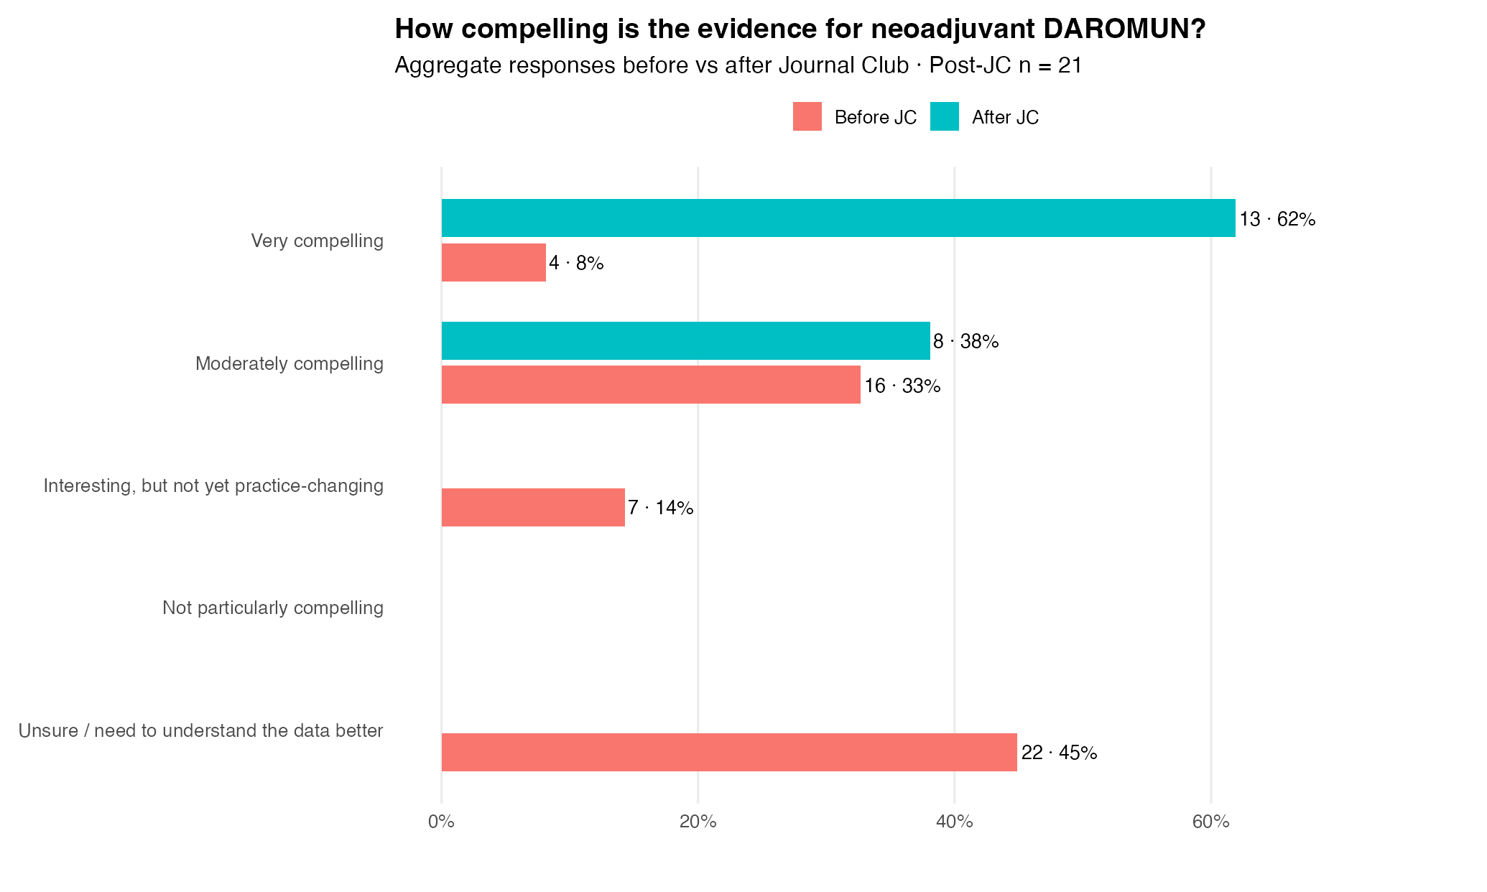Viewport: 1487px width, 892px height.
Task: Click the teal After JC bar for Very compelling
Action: tap(838, 218)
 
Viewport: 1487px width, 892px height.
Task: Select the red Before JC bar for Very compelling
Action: tap(494, 263)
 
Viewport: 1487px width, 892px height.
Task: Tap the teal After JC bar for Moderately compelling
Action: tap(686, 341)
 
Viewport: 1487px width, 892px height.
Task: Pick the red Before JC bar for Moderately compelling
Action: tap(651, 385)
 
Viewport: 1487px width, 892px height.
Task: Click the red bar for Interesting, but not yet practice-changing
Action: tap(533, 508)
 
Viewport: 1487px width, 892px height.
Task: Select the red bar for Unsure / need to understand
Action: tap(729, 753)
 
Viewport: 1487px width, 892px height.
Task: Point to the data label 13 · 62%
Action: tap(1277, 220)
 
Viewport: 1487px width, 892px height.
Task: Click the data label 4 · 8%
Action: tap(576, 264)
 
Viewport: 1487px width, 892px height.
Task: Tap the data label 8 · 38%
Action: tap(965, 342)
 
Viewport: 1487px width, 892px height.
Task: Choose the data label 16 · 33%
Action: tap(902, 386)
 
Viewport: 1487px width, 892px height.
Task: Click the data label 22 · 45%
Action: tap(1059, 753)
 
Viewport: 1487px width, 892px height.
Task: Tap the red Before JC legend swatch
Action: tap(807, 116)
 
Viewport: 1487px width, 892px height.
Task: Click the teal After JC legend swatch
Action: tap(945, 116)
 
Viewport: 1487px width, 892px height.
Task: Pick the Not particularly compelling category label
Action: tap(273, 608)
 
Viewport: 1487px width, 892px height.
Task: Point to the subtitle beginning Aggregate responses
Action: tap(738, 65)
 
